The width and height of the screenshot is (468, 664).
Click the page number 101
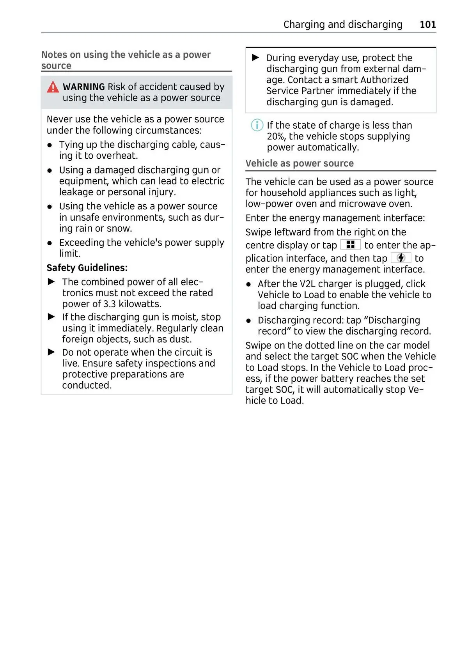point(427,25)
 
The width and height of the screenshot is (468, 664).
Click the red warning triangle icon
point(53,87)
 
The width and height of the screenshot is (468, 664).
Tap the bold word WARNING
point(83,87)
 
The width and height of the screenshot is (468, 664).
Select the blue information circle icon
point(257,125)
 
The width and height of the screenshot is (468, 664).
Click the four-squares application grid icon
point(350,245)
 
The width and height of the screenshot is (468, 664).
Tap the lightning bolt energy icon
point(401,258)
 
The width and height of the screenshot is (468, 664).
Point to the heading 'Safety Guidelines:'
point(87,268)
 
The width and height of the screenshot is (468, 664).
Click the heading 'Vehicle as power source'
point(300,163)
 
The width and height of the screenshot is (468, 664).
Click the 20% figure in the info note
point(276,136)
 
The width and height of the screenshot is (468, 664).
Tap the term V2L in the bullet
point(307,284)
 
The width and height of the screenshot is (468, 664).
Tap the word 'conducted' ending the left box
point(86,385)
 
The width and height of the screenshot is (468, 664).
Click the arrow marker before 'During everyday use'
point(256,58)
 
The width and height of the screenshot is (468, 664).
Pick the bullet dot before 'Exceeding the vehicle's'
point(50,243)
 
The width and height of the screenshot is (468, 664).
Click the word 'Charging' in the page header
point(304,25)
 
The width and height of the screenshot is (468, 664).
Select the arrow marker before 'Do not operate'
point(51,352)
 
